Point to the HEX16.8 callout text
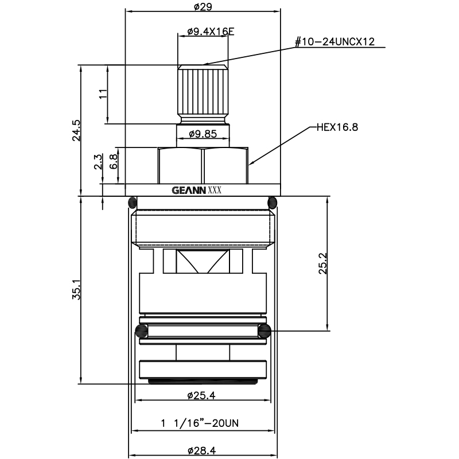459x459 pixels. pyautogui.click(x=337, y=127)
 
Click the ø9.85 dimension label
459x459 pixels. pyautogui.click(x=203, y=135)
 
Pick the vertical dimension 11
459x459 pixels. pyautogui.click(x=103, y=94)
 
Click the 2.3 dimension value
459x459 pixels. pyautogui.click(x=98, y=162)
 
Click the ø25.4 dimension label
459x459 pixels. pyautogui.click(x=203, y=395)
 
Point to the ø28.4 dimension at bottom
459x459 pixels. pyautogui.click(x=203, y=451)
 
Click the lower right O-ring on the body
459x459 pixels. pyautogui.click(x=264, y=330)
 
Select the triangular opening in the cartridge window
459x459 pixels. pyautogui.click(x=203, y=262)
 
